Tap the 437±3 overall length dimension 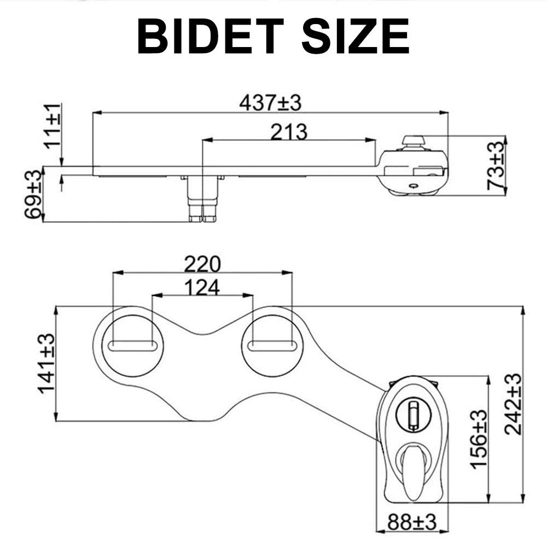[270, 102]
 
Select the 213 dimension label [289, 131]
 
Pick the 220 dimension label [202, 264]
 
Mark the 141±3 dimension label [46, 363]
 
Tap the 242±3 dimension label [513, 403]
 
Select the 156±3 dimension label [479, 439]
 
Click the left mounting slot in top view [133, 345]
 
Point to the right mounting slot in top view [272, 345]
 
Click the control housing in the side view [414, 171]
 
